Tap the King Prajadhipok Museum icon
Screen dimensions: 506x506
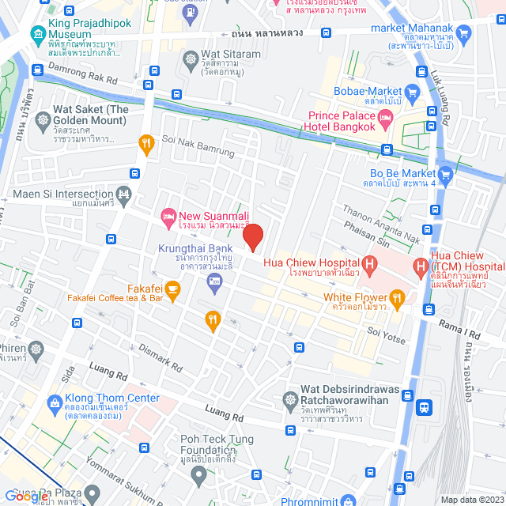[x=37, y=34]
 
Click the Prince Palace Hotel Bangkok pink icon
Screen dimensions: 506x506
[x=386, y=121]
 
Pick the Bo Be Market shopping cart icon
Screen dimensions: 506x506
[x=446, y=174]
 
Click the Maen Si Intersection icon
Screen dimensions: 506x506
[x=123, y=194]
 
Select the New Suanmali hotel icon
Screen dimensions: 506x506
[x=167, y=216]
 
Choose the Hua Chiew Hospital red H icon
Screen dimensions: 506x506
[x=368, y=264]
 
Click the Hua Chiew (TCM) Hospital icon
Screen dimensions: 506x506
[x=420, y=268]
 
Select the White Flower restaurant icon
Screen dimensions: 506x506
[x=397, y=298]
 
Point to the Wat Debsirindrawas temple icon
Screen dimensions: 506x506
[x=289, y=393]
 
